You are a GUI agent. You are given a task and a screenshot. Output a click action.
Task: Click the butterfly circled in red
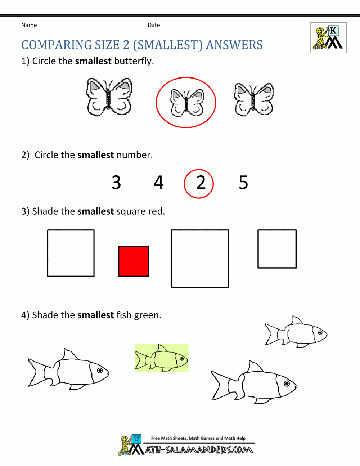click(186, 103)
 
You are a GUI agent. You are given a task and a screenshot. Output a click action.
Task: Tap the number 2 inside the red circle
click(201, 183)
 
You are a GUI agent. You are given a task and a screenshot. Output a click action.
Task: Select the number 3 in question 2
click(116, 183)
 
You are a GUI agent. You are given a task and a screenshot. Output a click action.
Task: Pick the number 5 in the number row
click(243, 183)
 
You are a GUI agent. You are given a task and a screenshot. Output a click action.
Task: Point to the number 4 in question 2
click(158, 183)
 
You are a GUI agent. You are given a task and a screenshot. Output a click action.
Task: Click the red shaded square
click(134, 261)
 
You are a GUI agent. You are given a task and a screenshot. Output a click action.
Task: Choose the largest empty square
click(200, 259)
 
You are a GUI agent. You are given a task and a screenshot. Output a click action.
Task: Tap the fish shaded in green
click(161, 358)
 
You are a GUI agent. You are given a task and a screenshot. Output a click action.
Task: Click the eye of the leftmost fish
click(100, 370)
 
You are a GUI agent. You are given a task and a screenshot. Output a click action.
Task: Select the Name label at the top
click(29, 25)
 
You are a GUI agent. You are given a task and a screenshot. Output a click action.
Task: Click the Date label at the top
click(154, 25)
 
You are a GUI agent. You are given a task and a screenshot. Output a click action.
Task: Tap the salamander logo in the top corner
click(328, 38)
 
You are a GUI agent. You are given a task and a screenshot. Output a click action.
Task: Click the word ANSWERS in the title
click(234, 45)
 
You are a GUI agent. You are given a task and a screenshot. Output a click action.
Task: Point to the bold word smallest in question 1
click(93, 61)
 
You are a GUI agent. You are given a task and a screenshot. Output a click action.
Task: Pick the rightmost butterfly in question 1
click(254, 100)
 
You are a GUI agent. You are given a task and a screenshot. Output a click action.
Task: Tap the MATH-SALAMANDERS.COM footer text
click(199, 450)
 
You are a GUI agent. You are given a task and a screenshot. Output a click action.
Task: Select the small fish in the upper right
click(296, 332)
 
